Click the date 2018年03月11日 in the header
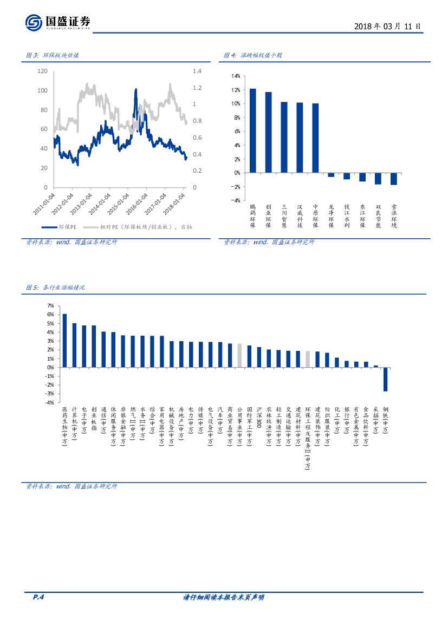tap(387, 26)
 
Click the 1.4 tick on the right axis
tap(196, 71)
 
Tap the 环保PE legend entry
tap(59, 227)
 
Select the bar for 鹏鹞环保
tap(252, 130)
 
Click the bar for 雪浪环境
tap(394, 179)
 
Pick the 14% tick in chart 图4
tap(235, 76)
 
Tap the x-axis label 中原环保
tap(315, 216)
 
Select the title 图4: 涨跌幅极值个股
tap(253, 56)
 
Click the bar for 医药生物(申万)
tap(64, 340)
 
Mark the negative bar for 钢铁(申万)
tap(386, 379)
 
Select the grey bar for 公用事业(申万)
tap(239, 355)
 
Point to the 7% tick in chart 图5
tap(50, 306)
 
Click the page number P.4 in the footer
tap(38, 597)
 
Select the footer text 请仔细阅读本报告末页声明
tap(224, 597)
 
